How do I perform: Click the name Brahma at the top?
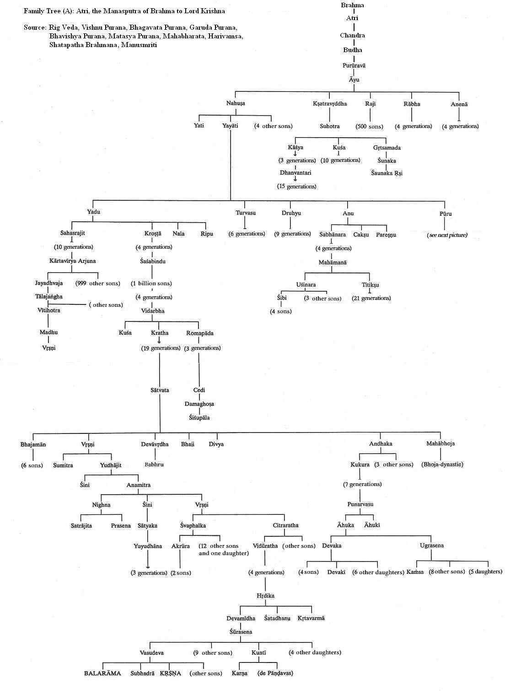[353, 5]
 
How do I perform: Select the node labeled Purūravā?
[354, 65]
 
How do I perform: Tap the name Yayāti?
[230, 125]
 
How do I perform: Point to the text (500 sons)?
[369, 126]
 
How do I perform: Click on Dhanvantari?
[295, 173]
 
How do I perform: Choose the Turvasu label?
[246, 213]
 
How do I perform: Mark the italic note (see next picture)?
[447, 235]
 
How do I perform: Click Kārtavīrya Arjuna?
[73, 261]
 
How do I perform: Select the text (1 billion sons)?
[151, 283]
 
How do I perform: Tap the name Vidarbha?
[153, 311]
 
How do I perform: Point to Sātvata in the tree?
[160, 390]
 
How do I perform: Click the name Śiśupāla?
[199, 417]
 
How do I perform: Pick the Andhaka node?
[381, 444]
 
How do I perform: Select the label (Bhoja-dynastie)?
[442, 465]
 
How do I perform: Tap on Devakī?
[336, 572]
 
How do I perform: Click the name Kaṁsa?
[415, 572]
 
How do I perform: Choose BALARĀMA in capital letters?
[102, 673]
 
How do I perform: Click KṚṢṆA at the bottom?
[170, 673]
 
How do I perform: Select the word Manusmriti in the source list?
[140, 45]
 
